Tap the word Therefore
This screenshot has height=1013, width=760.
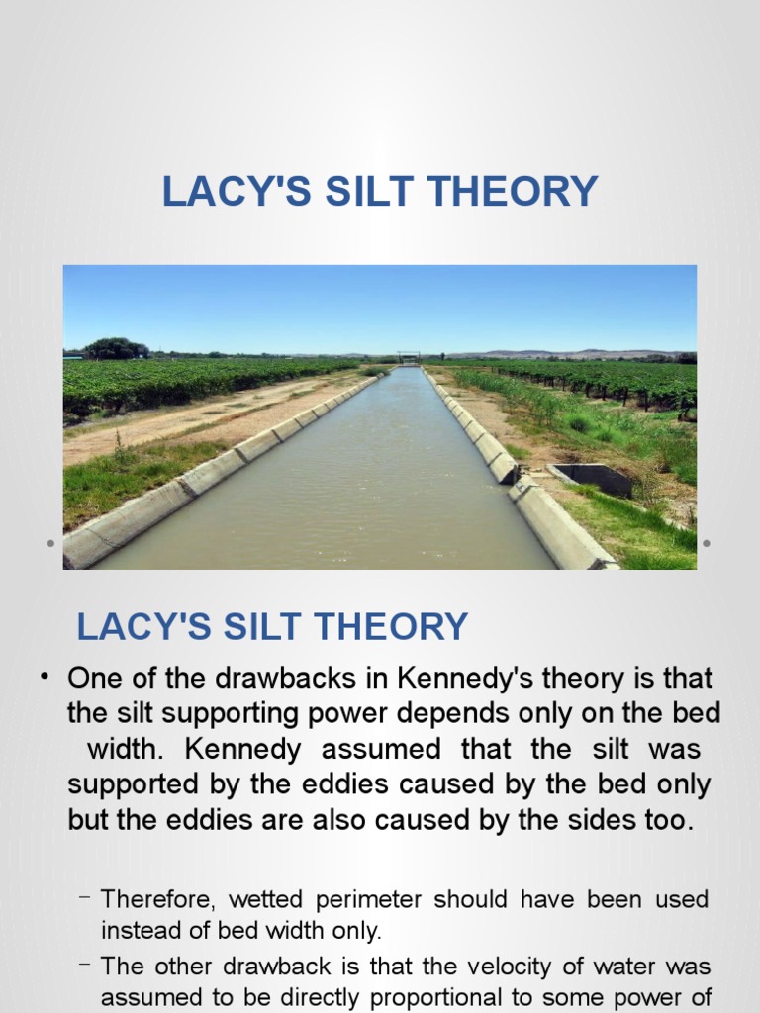point(158,899)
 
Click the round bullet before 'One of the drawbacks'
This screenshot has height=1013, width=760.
point(45,677)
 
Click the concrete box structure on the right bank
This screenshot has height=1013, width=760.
point(592,479)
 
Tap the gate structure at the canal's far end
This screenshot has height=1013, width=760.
point(408,357)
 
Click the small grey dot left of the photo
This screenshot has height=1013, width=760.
point(49,543)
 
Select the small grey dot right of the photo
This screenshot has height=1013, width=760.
point(707,543)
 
